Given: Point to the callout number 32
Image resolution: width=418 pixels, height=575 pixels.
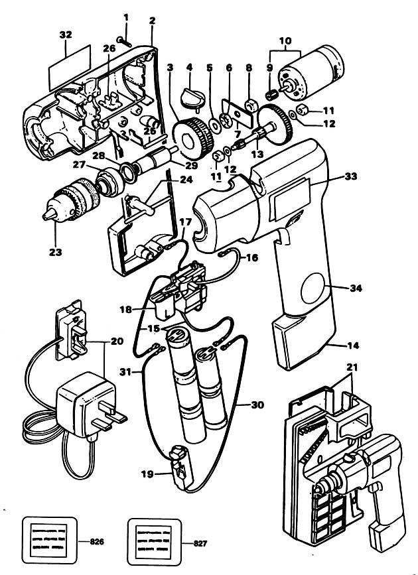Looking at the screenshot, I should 66,32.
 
